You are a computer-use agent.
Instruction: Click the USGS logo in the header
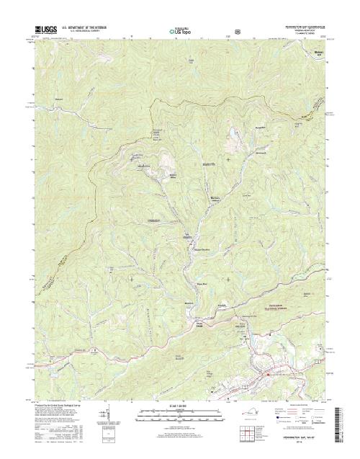point(45,30)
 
